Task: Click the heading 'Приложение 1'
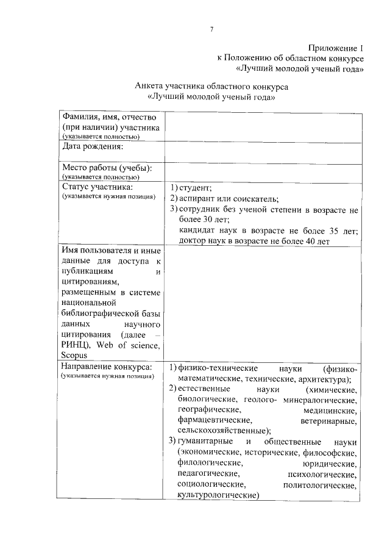pos(335,47)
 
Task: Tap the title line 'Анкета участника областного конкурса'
pos(211,87)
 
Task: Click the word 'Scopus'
pos(75,356)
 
